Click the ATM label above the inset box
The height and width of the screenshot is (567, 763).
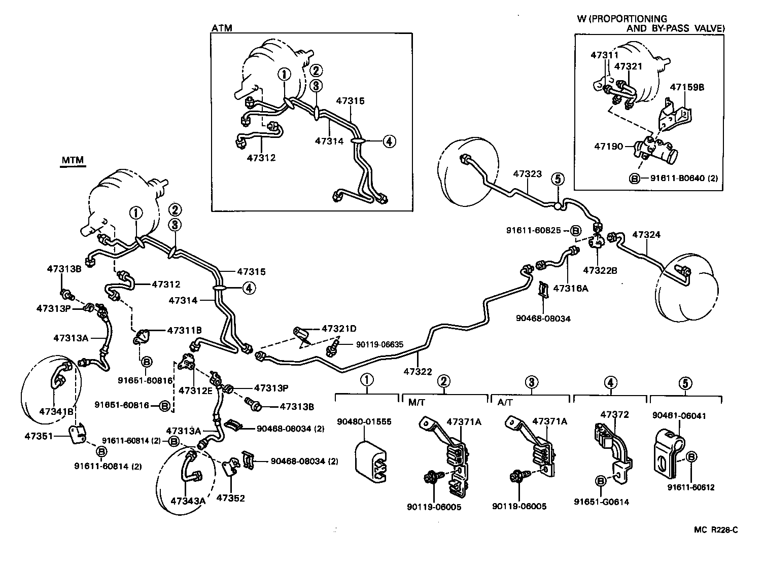tap(222, 28)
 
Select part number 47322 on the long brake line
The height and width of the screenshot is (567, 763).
tap(418, 372)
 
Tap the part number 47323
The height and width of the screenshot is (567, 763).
tap(527, 173)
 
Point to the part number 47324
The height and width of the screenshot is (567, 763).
tap(646, 235)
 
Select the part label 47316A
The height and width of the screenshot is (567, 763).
tap(570, 288)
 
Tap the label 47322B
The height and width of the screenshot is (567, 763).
tap(600, 270)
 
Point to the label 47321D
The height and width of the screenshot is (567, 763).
tap(339, 329)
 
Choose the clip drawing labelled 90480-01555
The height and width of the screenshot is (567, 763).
tap(372, 459)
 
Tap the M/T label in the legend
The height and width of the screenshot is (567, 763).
tap(416, 402)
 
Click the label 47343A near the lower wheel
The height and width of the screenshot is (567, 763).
tap(188, 501)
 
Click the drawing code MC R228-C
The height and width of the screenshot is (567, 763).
tap(716, 529)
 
